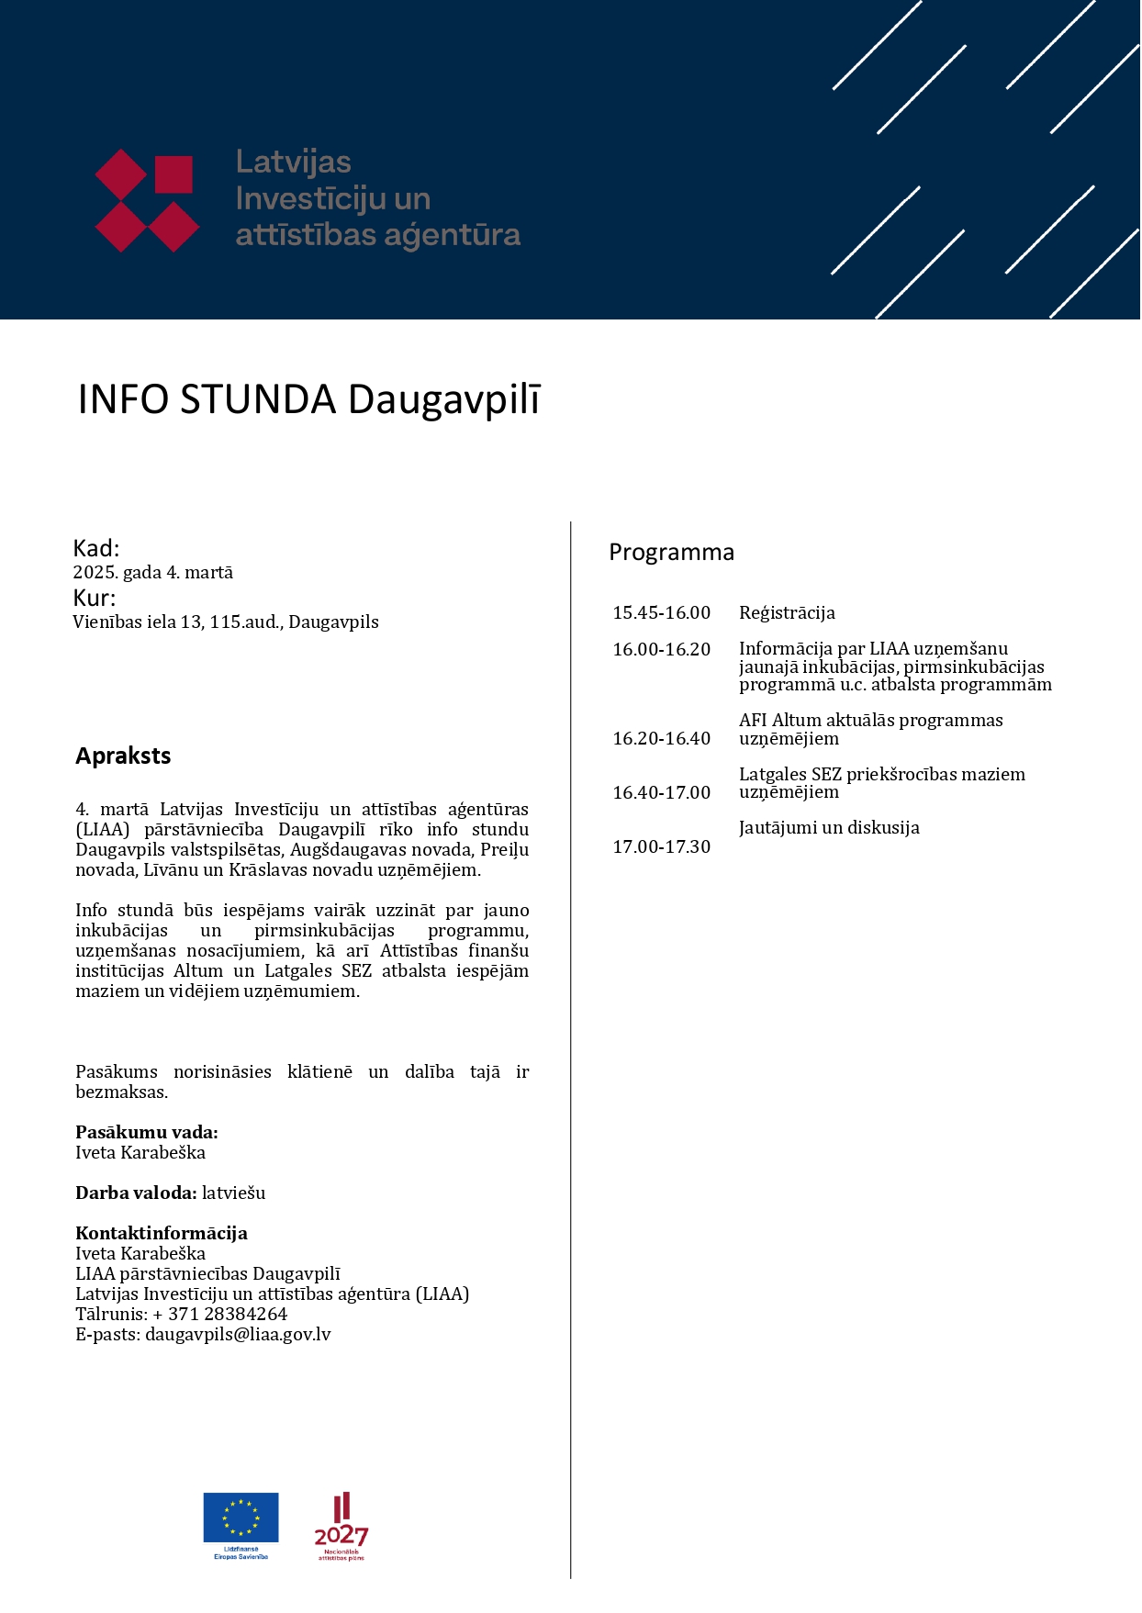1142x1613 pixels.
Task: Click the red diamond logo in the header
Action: pos(147,200)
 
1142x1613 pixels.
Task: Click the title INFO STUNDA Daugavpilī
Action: pos(309,400)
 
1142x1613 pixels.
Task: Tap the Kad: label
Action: pos(96,549)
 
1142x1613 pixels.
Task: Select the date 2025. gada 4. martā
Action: pos(153,573)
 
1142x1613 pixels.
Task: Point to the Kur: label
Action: pos(95,599)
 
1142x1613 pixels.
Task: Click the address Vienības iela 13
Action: pos(138,622)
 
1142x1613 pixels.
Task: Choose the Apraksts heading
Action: pos(123,756)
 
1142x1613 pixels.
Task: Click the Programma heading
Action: pos(671,553)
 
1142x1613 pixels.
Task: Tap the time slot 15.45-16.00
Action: pos(661,613)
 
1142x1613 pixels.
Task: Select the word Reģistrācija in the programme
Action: pos(787,613)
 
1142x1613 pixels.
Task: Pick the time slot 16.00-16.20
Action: pos(661,650)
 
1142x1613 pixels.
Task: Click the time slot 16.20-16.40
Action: pos(661,739)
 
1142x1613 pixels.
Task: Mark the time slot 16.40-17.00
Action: pos(661,793)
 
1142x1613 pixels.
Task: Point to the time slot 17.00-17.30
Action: pos(661,847)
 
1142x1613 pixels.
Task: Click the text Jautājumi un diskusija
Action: pos(829,828)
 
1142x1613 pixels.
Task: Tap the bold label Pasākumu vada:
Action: pos(147,1133)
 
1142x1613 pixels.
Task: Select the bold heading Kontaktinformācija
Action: pos(162,1234)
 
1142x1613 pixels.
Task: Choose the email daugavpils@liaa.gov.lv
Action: pos(238,1335)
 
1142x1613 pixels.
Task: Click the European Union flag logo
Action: pos(241,1518)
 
